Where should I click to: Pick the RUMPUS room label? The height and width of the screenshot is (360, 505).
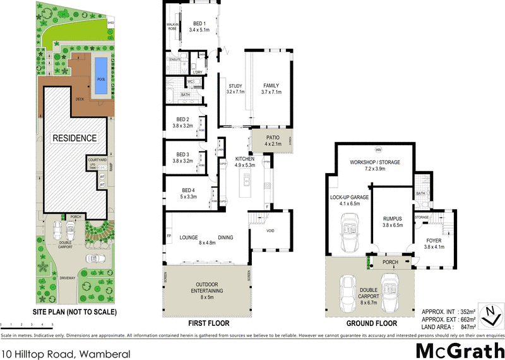click(392, 221)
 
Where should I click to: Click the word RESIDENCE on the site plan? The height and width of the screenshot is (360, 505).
click(74, 138)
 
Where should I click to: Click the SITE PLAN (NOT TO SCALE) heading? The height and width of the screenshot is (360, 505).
click(74, 312)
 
